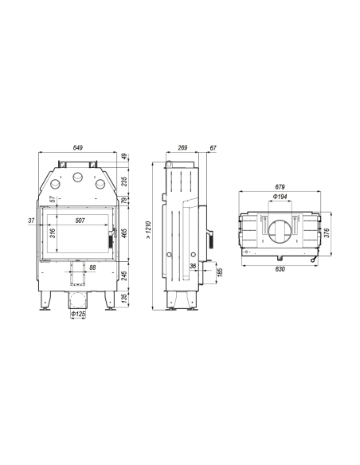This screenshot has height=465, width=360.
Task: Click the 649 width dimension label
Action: click(x=78, y=147)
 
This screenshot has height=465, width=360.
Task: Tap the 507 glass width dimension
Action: click(x=80, y=221)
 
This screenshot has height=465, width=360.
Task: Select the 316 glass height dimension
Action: click(x=53, y=233)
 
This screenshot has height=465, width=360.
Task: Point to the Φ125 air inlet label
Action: click(x=78, y=314)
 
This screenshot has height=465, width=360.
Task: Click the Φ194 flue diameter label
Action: click(x=280, y=197)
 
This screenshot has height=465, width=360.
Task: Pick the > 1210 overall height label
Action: click(x=149, y=230)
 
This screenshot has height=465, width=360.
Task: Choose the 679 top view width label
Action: click(x=280, y=187)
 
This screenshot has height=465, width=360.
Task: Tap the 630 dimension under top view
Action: click(x=280, y=269)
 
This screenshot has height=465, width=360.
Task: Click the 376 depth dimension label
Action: click(x=327, y=233)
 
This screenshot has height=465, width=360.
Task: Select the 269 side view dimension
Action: click(x=182, y=147)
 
